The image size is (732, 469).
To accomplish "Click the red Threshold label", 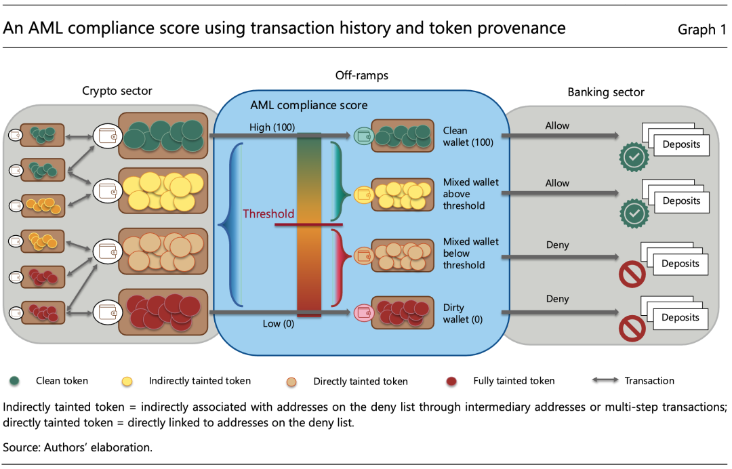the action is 268,213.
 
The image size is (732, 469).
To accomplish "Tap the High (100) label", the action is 272,127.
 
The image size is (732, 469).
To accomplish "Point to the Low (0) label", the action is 279,323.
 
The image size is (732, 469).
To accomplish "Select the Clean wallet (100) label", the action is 468,136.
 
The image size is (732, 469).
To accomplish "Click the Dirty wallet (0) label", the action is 463,313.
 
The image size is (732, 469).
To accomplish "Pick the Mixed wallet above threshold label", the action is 470,194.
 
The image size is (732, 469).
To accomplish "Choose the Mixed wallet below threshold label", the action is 470,253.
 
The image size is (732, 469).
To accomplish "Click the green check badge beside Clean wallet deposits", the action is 634,157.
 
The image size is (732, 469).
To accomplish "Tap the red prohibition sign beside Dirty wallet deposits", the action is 632,328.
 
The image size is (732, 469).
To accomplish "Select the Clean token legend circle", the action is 14,381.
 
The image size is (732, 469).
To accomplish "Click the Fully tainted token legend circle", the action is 451,382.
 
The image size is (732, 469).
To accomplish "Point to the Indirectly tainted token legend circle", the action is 127,382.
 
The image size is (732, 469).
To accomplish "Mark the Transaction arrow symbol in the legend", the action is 605,380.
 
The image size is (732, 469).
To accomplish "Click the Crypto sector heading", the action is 117,91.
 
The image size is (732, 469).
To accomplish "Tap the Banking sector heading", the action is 606,92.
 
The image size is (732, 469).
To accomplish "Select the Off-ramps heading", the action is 362,75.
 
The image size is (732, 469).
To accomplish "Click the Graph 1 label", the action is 702,29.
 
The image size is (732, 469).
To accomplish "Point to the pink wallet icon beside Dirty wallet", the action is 363,312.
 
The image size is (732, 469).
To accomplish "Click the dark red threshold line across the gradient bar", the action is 308,224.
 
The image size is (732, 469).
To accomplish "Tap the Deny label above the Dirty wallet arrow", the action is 557,299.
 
